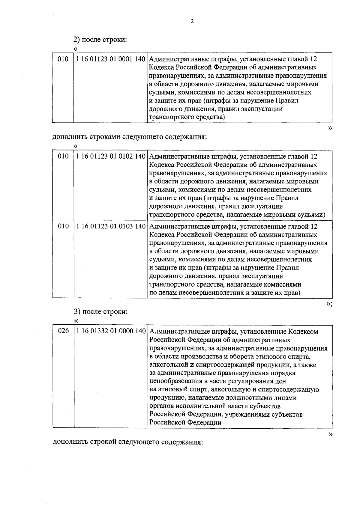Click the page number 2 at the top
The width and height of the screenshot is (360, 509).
[x=192, y=21]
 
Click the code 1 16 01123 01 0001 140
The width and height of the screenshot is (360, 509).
[x=111, y=59]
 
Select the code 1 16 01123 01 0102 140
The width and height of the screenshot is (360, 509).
[x=111, y=156]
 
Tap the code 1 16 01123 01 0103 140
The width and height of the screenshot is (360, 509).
[x=111, y=226]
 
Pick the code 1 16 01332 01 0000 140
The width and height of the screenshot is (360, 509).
[x=111, y=331]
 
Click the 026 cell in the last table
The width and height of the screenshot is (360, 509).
[x=63, y=331]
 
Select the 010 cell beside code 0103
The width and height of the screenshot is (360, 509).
[x=63, y=226]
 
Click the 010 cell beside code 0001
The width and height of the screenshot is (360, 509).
[x=63, y=59]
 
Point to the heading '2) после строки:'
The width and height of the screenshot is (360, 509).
[x=100, y=40]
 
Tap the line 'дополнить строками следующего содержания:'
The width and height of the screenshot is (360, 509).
[x=130, y=137]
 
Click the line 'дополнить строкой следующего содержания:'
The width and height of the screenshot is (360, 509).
[x=128, y=442]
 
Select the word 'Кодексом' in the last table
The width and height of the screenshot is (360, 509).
[x=303, y=332]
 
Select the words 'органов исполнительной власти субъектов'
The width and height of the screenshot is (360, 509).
[x=215, y=406]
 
